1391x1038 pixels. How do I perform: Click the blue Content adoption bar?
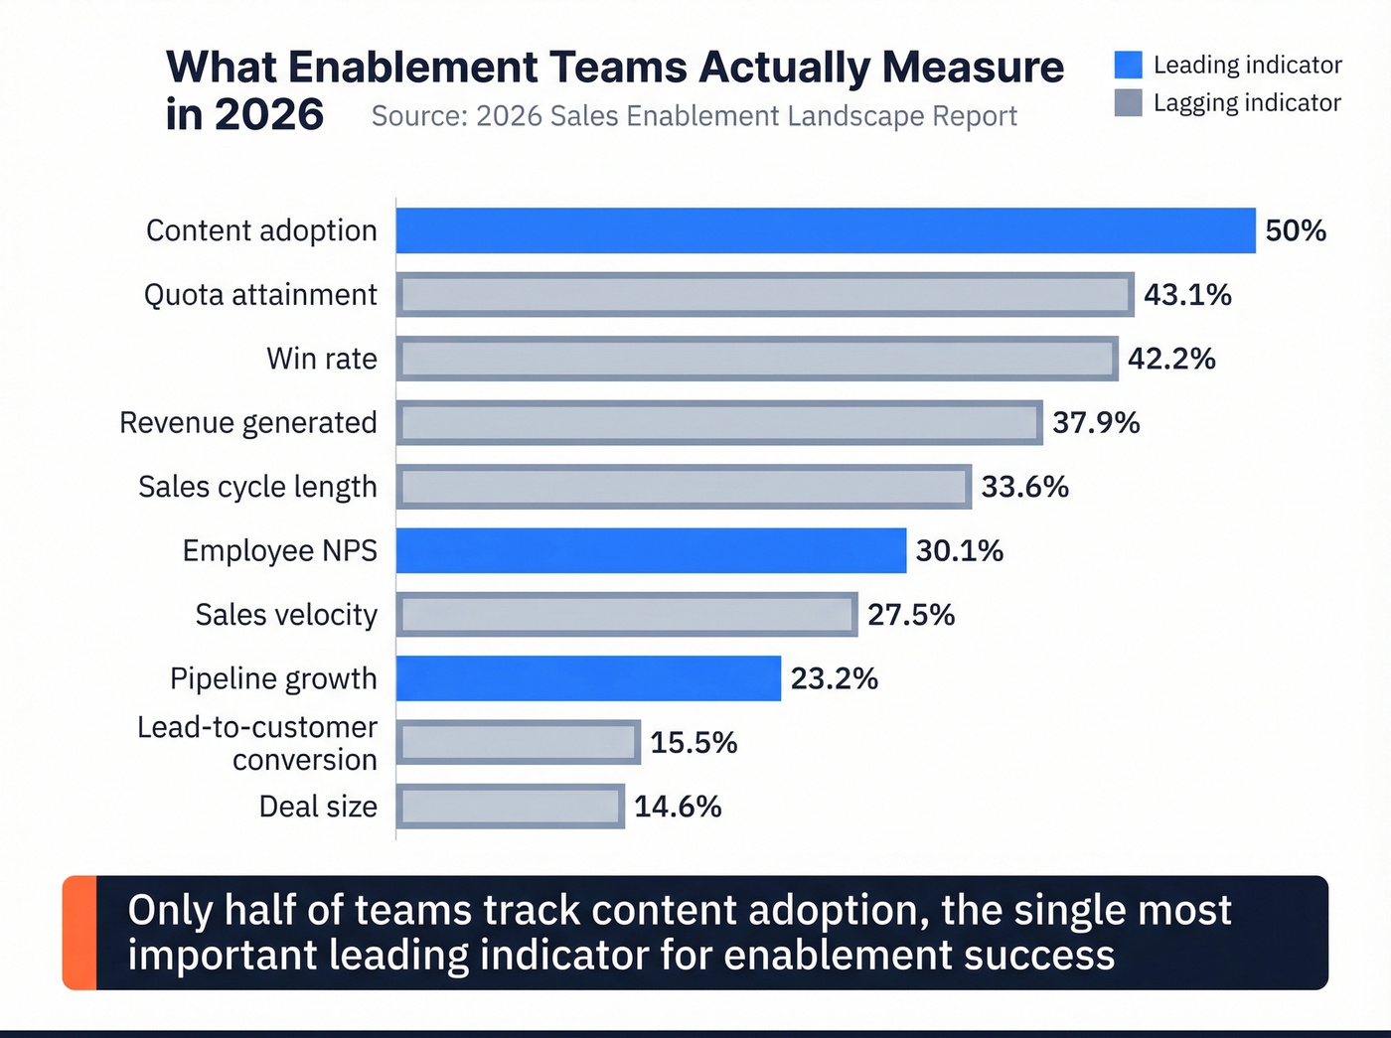825,230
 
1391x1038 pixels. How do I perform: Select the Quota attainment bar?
765,295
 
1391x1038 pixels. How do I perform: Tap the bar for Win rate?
757,359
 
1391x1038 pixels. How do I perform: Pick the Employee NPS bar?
651,550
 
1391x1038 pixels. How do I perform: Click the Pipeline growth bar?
588,678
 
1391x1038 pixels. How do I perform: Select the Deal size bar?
511,807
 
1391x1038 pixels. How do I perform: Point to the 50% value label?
1296,230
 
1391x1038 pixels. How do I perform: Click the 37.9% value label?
1096,423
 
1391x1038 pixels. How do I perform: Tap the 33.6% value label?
1024,487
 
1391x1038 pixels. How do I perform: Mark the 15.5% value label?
694,743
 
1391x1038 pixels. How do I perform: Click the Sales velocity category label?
286,615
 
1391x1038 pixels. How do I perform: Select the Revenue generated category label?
248,423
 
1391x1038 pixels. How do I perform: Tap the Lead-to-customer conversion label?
257,743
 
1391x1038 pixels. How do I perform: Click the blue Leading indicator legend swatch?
1128,65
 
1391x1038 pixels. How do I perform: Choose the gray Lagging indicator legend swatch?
1128,102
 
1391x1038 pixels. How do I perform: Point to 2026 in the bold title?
268,115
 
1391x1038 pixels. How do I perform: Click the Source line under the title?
694,116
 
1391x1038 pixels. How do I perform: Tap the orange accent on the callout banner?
79,933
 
